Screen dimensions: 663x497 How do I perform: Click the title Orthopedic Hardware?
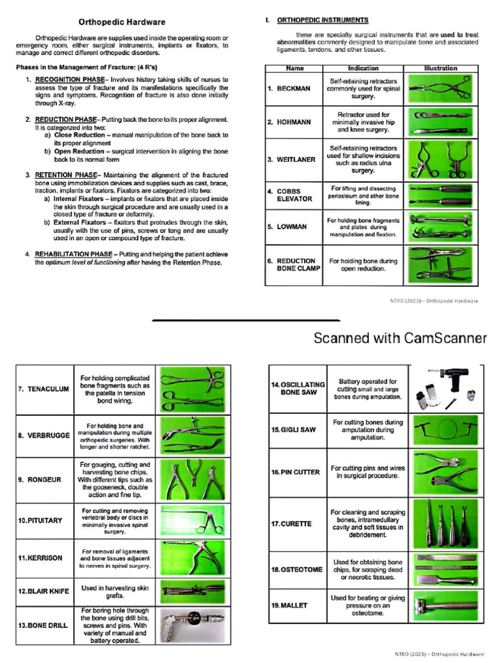(x=122, y=22)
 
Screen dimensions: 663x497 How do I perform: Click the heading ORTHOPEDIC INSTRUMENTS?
(x=323, y=20)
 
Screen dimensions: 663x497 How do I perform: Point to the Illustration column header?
(x=440, y=68)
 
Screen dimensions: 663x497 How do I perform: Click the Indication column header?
(x=363, y=68)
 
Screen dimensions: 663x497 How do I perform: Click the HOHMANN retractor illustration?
(x=440, y=122)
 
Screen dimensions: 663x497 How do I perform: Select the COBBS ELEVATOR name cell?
(x=289, y=195)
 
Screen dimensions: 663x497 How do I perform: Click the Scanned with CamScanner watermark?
(x=401, y=338)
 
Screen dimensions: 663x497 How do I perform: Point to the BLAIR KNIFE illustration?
(x=192, y=591)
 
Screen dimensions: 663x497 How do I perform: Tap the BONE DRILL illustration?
(x=192, y=625)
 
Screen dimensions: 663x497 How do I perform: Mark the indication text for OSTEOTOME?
(x=367, y=569)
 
